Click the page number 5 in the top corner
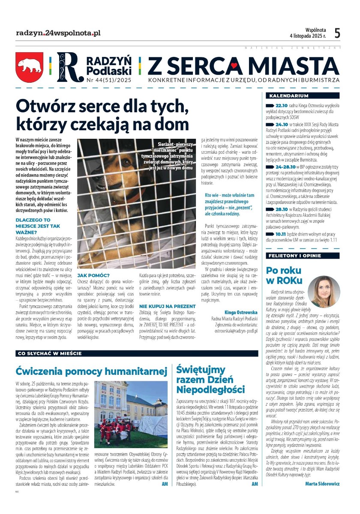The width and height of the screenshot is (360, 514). (337, 33)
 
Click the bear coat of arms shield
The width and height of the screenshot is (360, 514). (30, 67)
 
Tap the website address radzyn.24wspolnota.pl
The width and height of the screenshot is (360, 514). (58, 33)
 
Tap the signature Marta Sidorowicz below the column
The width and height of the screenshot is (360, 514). (323, 484)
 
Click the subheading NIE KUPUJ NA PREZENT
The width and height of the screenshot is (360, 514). (167, 306)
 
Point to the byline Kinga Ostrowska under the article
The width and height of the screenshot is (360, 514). (241, 312)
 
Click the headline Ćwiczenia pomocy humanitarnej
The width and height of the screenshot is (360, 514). (90, 371)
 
